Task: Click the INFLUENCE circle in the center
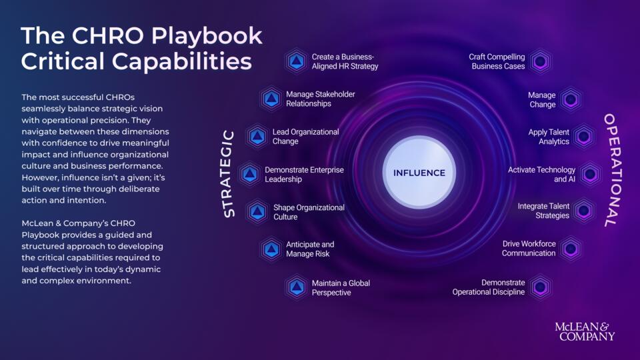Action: (x=419, y=173)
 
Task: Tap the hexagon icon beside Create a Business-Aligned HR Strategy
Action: (x=296, y=61)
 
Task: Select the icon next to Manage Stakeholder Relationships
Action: (x=271, y=99)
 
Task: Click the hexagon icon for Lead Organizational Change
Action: (x=257, y=136)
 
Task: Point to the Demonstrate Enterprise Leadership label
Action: (x=304, y=174)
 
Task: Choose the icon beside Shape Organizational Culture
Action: (x=257, y=212)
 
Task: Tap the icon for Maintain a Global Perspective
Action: (x=296, y=287)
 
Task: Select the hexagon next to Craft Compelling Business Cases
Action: (x=541, y=61)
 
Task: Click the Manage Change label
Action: (x=541, y=99)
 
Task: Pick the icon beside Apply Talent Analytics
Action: (x=584, y=136)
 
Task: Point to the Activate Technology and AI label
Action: (x=541, y=174)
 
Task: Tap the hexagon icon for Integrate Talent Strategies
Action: (x=584, y=211)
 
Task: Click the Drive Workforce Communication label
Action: (x=529, y=248)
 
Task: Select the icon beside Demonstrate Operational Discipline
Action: (x=541, y=287)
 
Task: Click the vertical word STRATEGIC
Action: (x=229, y=174)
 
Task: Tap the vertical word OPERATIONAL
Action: (x=612, y=170)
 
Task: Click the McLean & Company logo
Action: (x=585, y=331)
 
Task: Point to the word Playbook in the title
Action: (x=207, y=36)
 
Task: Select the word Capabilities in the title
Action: (x=181, y=61)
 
